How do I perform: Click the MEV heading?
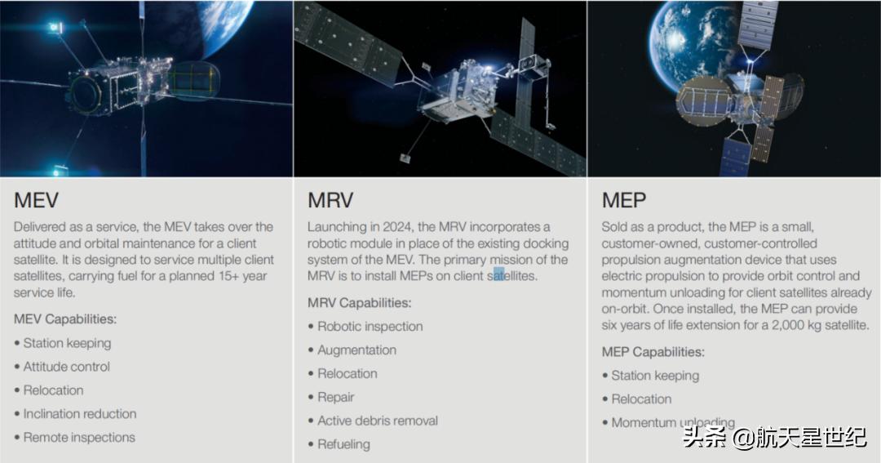pos(36,200)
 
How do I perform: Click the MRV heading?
pos(330,200)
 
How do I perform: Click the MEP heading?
pos(624,200)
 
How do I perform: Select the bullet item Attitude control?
pos(66,367)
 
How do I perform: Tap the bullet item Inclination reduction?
pos(79,414)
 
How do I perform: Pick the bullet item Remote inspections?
pos(78,438)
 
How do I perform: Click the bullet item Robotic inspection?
pos(370,327)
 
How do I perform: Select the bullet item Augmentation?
pos(356,350)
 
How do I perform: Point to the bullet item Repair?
pos(335,398)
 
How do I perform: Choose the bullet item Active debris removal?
pos(377,421)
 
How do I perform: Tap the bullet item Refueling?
pos(343,445)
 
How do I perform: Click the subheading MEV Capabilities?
pos(65,319)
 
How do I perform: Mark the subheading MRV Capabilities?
pos(359,303)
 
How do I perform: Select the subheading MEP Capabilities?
pos(653,352)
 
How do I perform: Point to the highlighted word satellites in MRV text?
pos(511,276)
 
